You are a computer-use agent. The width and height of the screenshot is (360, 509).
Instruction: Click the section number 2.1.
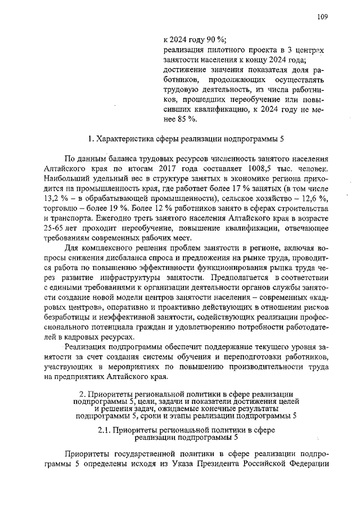point(104,431)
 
